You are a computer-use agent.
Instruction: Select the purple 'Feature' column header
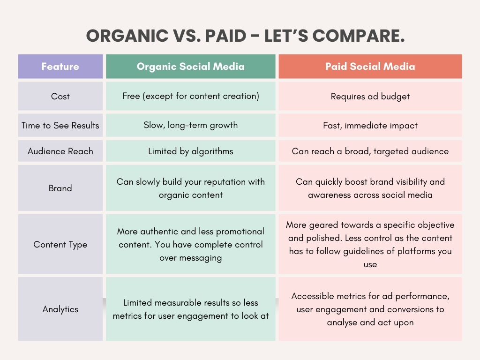coord(60,67)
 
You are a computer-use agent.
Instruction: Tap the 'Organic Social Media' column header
coord(190,67)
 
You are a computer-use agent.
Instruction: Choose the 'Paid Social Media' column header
coord(370,67)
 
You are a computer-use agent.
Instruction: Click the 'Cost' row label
coord(60,97)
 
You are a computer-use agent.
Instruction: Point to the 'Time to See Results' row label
coord(60,126)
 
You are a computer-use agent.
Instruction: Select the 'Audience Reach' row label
coord(60,151)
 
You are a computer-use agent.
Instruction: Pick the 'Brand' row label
coord(60,188)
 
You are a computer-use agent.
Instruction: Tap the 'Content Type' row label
coord(60,245)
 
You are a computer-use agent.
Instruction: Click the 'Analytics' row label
coord(60,309)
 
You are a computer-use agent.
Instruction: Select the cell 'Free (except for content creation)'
coord(190,97)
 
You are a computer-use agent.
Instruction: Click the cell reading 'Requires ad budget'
coord(370,97)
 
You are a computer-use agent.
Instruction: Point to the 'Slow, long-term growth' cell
coord(190,125)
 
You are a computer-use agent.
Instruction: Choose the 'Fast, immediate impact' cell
coord(370,126)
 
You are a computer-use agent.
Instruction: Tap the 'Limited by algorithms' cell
coord(190,151)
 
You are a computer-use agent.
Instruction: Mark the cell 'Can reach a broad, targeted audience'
coord(370,151)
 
